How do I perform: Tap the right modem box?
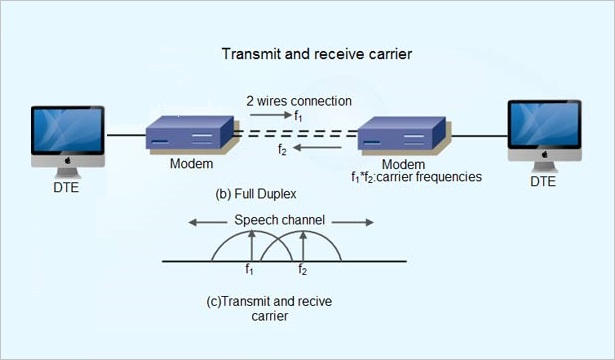coord(401,135)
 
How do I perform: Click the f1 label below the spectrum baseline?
coord(251,270)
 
